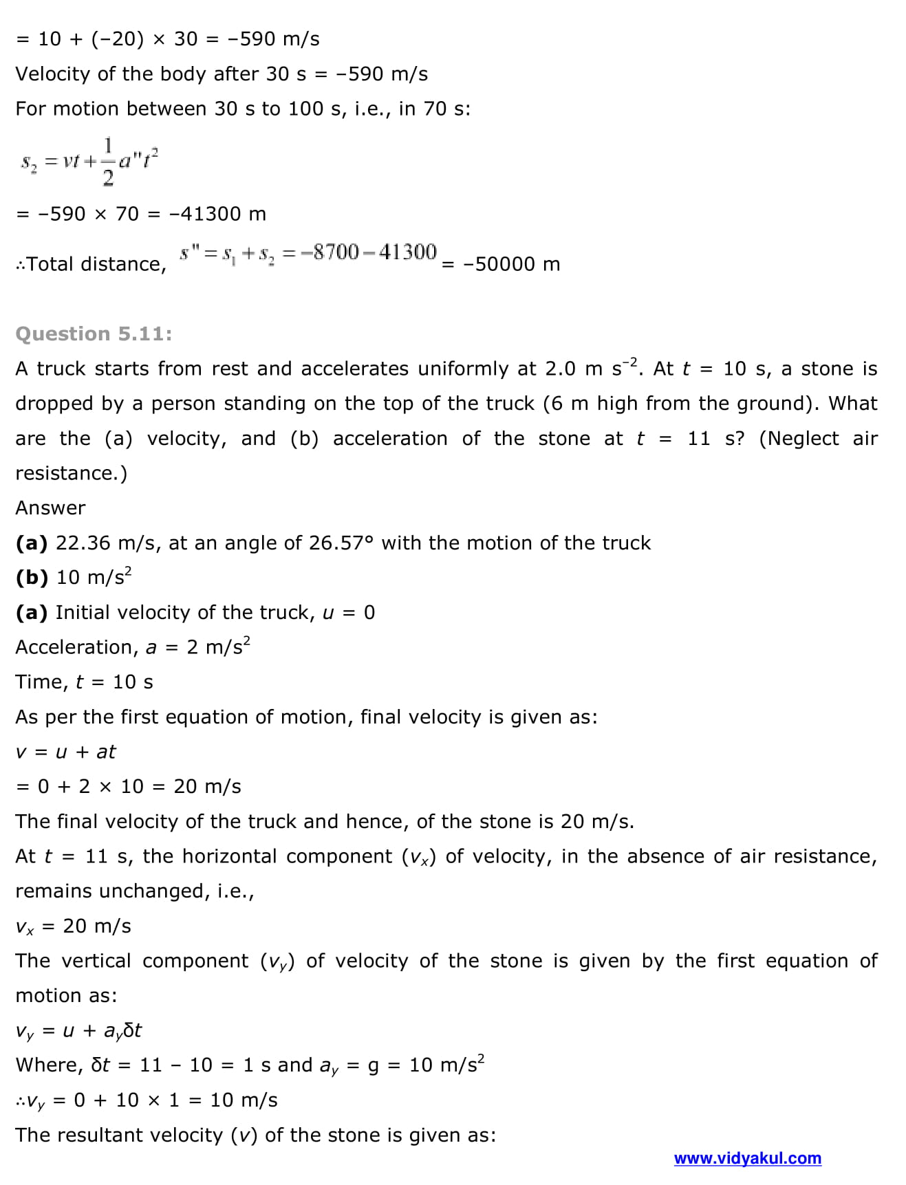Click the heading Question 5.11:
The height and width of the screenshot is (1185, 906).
pos(94,334)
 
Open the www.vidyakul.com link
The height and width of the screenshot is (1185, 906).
pos(747,1158)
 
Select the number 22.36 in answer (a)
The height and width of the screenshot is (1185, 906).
pos(83,543)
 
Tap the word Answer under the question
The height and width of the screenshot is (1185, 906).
pos(50,508)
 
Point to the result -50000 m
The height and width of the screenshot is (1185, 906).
pos(511,264)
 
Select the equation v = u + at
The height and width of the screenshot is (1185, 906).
pos(65,752)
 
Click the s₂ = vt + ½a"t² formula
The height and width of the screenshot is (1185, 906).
pos(89,162)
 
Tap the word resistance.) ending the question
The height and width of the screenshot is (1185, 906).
pos(71,473)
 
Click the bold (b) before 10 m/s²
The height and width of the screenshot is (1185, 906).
pos(32,577)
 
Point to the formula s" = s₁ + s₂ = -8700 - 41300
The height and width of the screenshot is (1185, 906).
pos(308,253)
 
